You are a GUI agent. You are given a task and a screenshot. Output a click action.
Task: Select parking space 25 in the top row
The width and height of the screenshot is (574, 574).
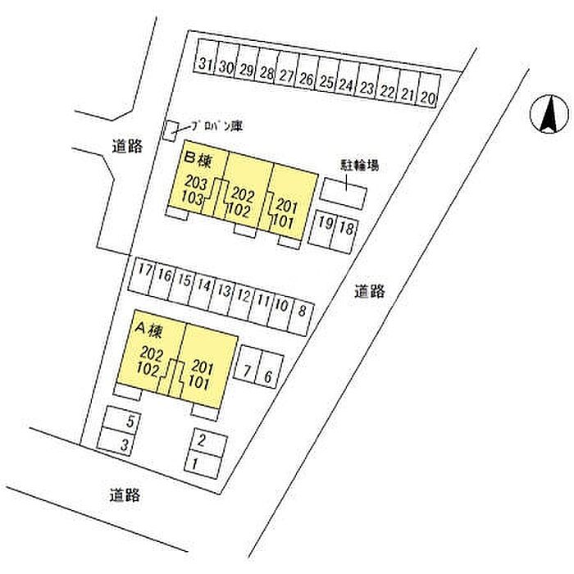[x=326, y=82]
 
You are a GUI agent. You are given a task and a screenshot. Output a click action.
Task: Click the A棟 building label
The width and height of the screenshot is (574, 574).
[x=149, y=329]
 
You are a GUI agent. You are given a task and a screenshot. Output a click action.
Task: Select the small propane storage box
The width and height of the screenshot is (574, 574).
[x=172, y=130]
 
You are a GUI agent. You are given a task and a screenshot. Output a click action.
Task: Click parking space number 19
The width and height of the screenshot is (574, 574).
[x=326, y=226]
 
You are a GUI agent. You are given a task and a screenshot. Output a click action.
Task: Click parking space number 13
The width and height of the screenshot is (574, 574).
[x=225, y=292]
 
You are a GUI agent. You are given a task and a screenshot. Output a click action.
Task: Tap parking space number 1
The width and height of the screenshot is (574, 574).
[x=195, y=464]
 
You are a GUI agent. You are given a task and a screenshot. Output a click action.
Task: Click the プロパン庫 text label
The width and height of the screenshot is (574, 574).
[x=216, y=125]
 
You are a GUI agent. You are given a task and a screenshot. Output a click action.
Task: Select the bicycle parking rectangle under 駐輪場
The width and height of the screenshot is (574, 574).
[x=344, y=190]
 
